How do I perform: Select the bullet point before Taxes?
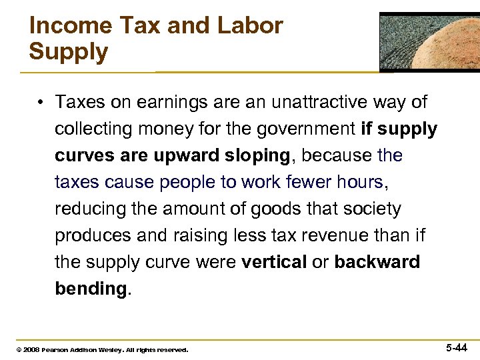pyautogui.click(x=41, y=103)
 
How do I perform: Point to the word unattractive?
pyautogui.click(x=317, y=103)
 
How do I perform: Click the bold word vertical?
pyautogui.click(x=273, y=262)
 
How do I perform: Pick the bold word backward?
pyautogui.click(x=377, y=262)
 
